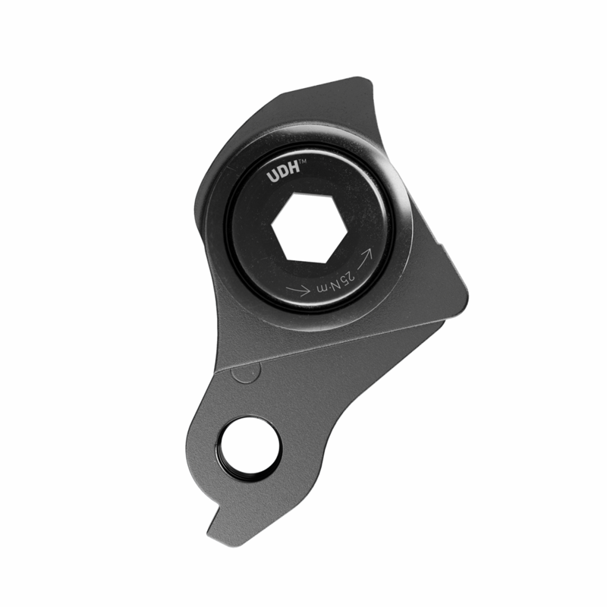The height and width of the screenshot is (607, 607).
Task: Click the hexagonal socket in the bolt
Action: pyautogui.click(x=303, y=228)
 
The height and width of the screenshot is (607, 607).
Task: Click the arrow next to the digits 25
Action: pyautogui.click(x=365, y=259)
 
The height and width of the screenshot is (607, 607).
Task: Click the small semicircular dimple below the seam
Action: pyautogui.click(x=244, y=373)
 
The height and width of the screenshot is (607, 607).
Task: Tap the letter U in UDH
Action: pyautogui.click(x=272, y=177)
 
